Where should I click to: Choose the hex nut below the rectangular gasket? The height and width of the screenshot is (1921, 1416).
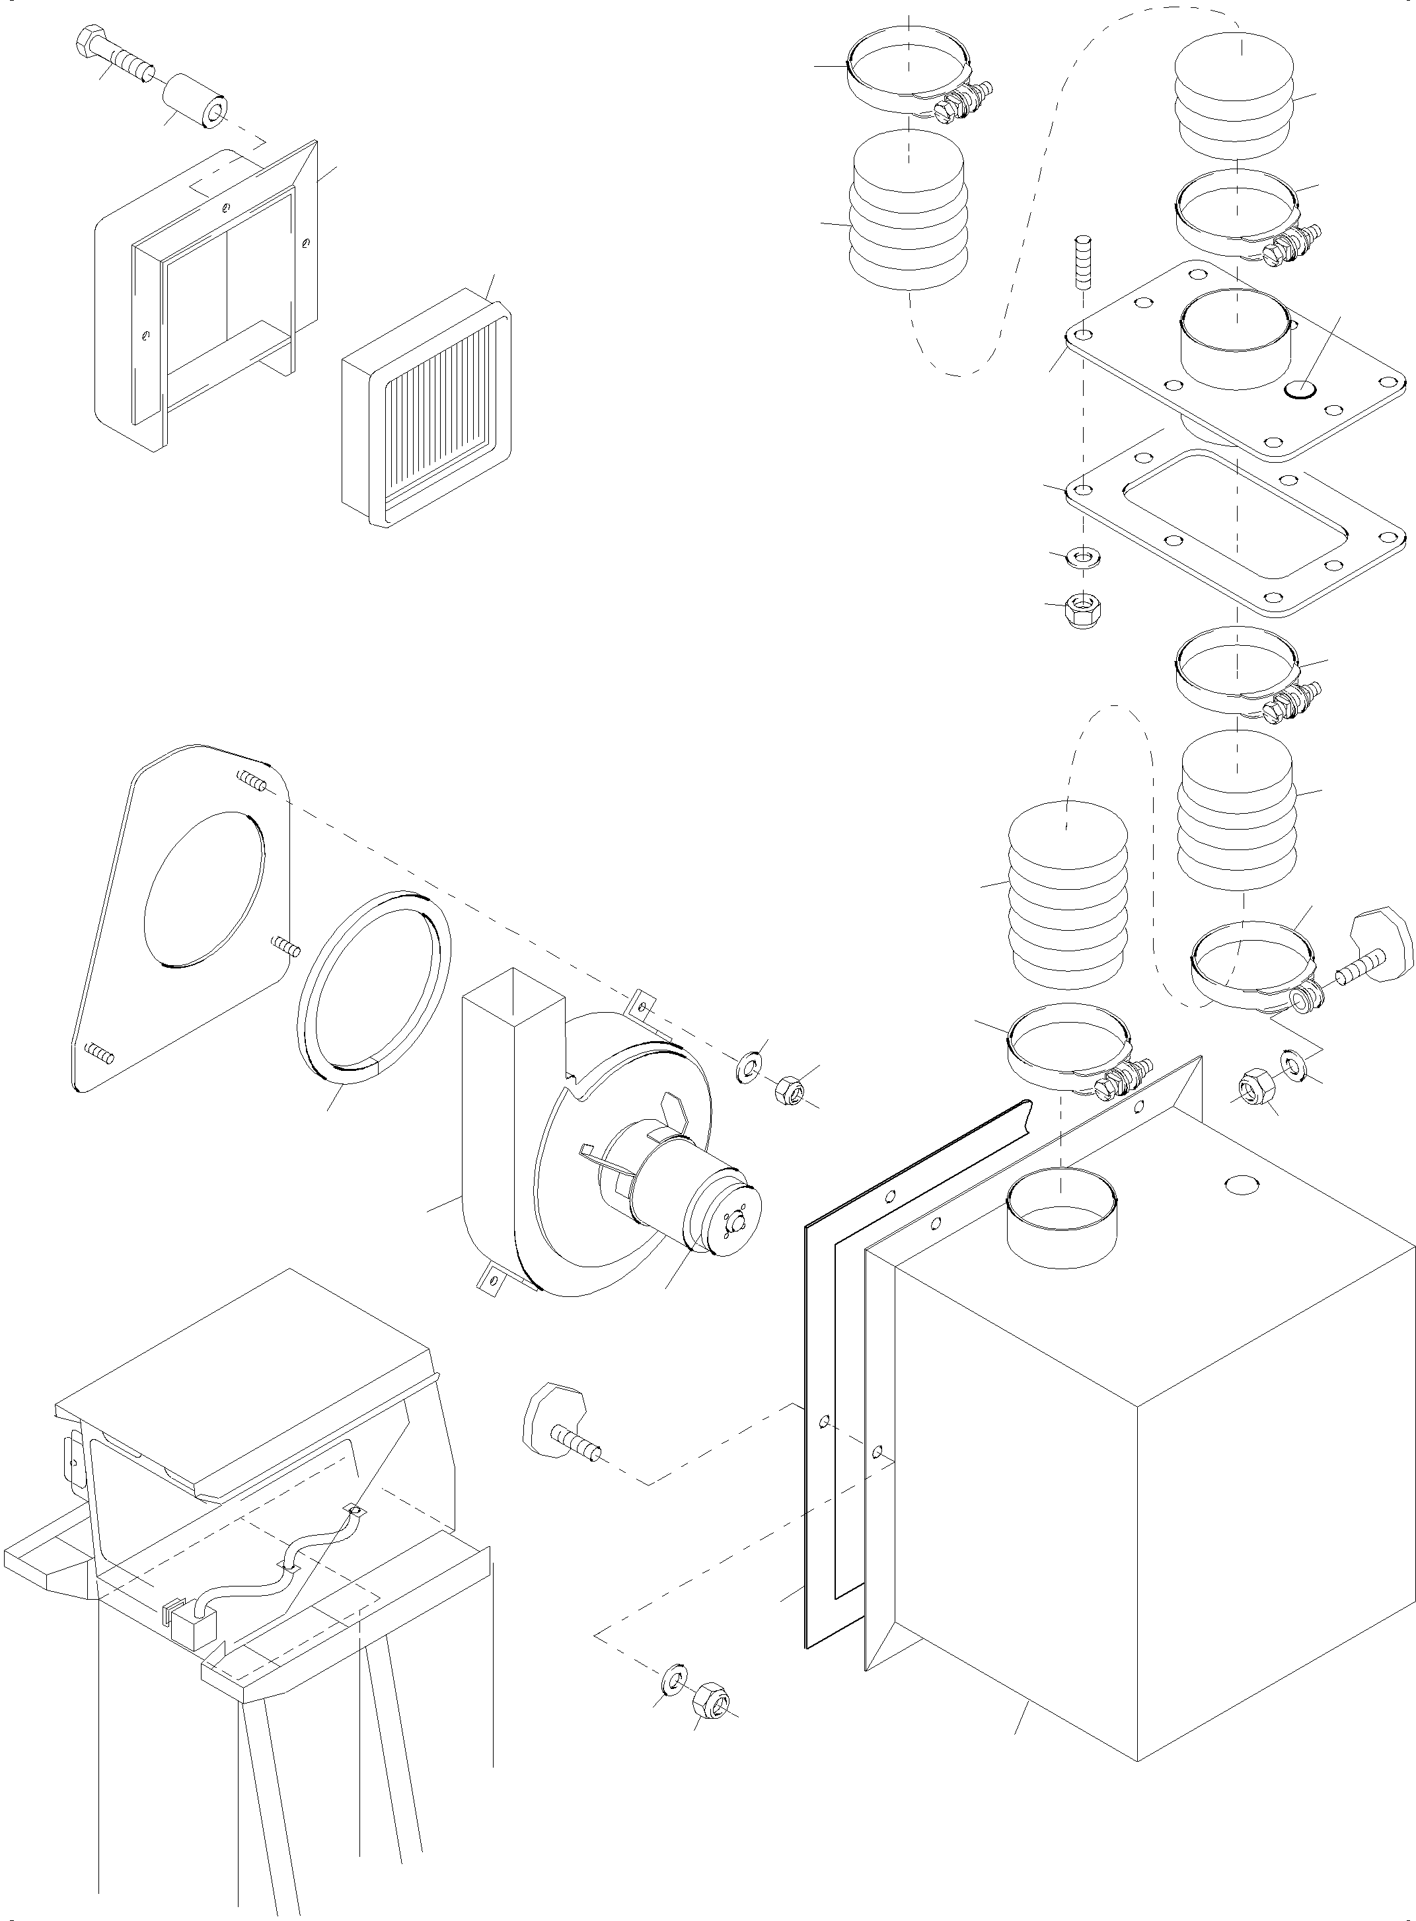pos(1084,611)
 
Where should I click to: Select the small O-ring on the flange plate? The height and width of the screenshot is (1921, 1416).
pos(1301,390)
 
